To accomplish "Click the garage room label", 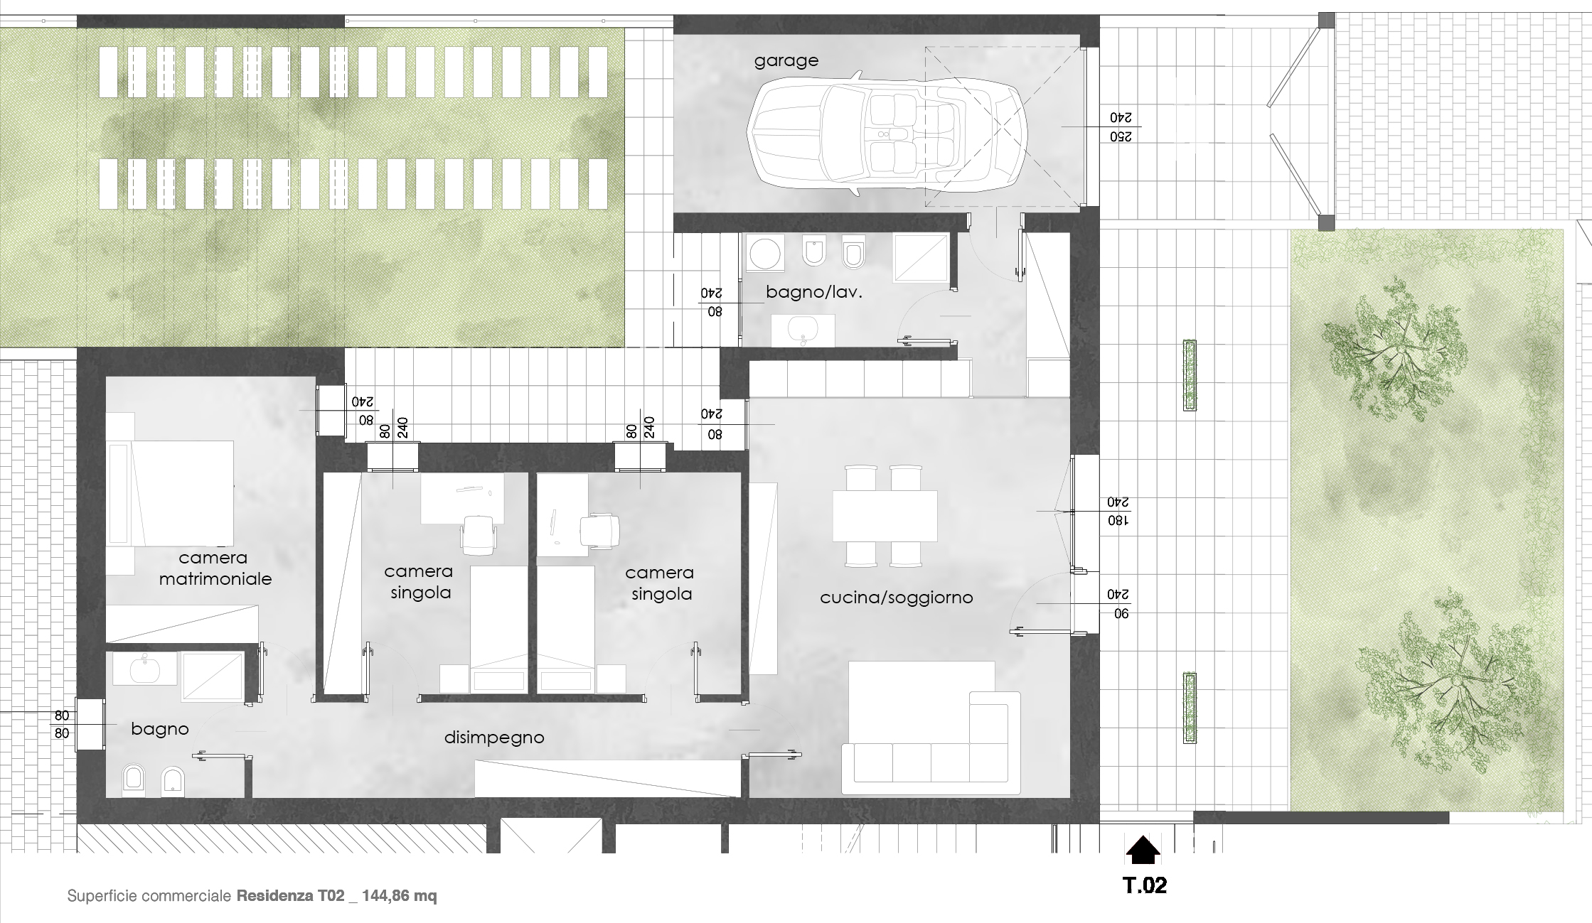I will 786,61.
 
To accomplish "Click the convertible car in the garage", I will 889,134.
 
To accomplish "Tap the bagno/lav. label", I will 813,292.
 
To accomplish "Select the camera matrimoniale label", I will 215,568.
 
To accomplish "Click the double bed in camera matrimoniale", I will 181,493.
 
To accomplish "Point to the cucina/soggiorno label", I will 896,598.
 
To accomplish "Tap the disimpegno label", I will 494,738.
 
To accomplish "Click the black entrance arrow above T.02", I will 1143,850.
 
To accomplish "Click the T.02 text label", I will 1144,885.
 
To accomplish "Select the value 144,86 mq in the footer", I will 400,896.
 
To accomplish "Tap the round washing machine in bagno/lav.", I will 765,254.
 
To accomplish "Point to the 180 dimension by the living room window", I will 1118,521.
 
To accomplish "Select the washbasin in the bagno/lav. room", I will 804,330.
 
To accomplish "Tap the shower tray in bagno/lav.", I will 921,254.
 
